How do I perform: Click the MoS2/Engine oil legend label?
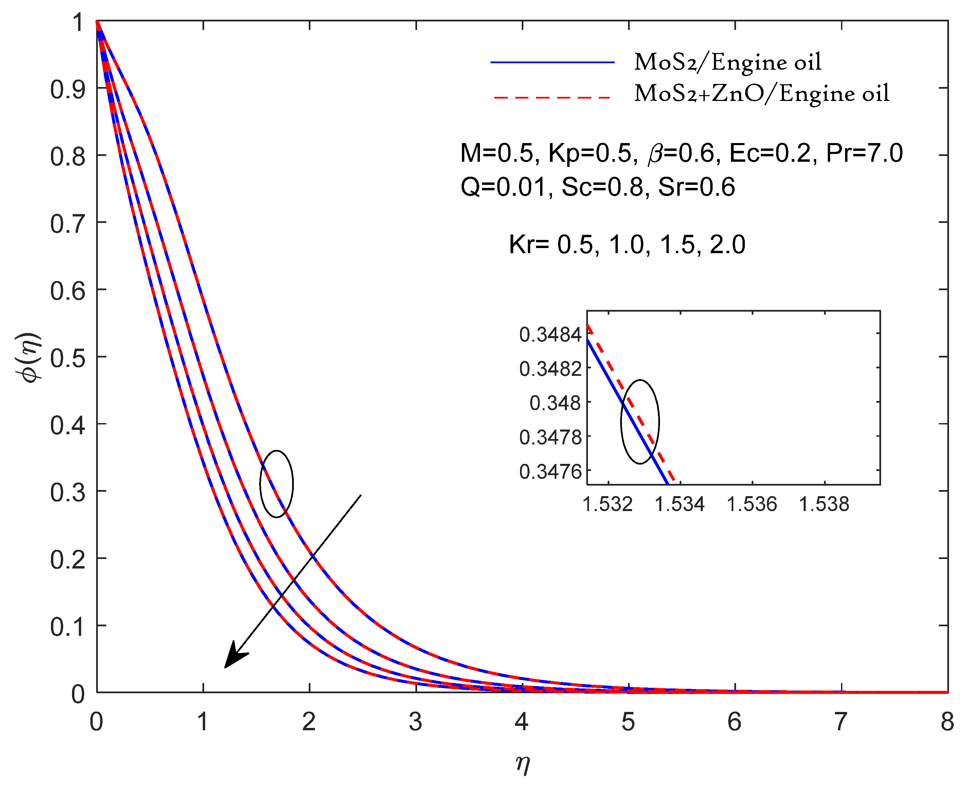click(727, 62)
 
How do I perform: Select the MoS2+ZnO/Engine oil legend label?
click(762, 94)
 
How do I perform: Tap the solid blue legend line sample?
click(552, 62)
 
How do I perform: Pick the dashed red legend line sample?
click(552, 97)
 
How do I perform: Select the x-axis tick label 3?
click(415, 722)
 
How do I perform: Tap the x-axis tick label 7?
click(840, 722)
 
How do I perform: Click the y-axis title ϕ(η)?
click(28, 358)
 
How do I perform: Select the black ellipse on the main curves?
click(276, 484)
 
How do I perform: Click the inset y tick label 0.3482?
click(550, 369)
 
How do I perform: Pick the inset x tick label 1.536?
click(752, 504)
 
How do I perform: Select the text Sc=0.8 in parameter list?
click(602, 187)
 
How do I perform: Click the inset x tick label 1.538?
click(824, 504)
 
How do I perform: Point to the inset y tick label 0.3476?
click(550, 472)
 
